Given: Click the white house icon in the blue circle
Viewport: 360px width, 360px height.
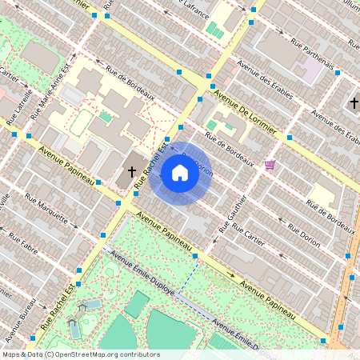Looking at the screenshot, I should click(180, 173).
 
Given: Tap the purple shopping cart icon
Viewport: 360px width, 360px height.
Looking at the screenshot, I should click(270, 165).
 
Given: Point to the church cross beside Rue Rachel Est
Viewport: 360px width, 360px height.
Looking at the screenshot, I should click(133, 172).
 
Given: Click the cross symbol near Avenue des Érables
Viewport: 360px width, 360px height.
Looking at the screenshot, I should click(353, 102).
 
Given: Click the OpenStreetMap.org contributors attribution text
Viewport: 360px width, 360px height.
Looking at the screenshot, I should click(103, 354).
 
